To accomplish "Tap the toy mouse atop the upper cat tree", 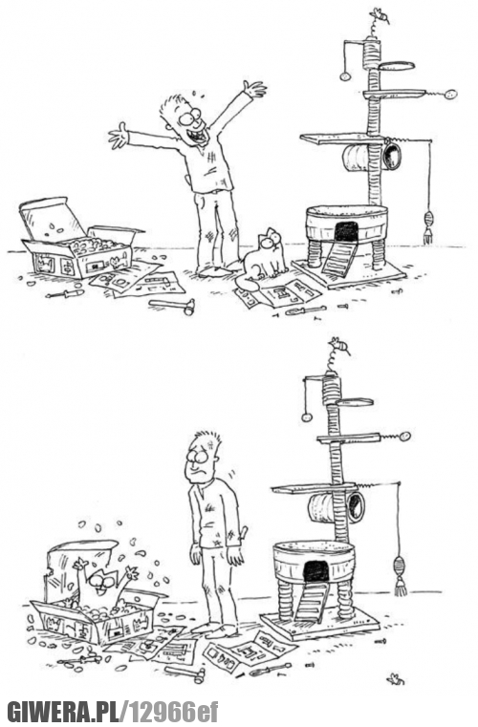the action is pos(380,16).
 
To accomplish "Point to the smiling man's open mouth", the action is pos(200,137).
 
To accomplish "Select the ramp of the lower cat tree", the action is pos(311,602).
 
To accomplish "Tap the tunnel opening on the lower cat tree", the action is pos(357,506).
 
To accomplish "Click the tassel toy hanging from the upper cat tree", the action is pos(427,227).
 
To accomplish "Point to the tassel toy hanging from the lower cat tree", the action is pos(400,576).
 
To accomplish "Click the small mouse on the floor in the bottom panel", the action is pos(396,679).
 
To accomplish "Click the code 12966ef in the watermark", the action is pos(173,712).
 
